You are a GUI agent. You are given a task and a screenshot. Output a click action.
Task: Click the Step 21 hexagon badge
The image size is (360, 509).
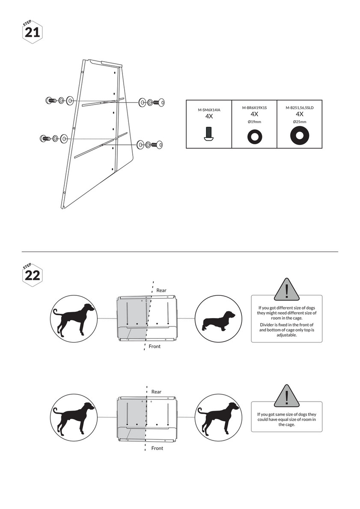click(x=33, y=32)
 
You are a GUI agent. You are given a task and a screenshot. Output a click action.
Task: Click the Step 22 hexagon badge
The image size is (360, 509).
click(x=33, y=275)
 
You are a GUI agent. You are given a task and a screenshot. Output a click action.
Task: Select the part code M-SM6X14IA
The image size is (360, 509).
click(x=209, y=110)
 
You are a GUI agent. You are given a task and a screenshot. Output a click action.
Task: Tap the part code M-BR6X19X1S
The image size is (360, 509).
click(x=254, y=108)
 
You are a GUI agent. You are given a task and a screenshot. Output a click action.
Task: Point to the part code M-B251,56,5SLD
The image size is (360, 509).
click(x=300, y=108)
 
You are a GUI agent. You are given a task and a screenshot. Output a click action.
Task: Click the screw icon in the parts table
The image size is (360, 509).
click(x=209, y=134)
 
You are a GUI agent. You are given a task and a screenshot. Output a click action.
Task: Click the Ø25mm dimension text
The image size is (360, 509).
click(x=300, y=122)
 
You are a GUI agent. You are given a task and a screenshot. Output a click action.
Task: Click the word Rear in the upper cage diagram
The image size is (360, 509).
click(x=161, y=290)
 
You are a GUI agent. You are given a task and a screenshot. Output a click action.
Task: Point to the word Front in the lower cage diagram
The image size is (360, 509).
click(x=157, y=448)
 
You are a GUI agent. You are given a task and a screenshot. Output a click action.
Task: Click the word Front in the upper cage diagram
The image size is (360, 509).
click(x=155, y=346)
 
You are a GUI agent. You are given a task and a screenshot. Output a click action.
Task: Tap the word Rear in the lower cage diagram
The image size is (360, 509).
click(x=157, y=392)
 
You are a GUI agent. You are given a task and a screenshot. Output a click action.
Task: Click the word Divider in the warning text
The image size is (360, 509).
click(x=267, y=324)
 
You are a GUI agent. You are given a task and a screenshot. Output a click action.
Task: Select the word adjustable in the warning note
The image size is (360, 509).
click(x=287, y=335)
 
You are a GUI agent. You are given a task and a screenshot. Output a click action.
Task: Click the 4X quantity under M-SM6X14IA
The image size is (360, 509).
click(x=209, y=116)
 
